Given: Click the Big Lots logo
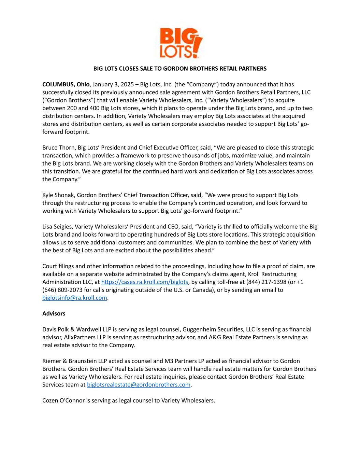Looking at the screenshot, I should click(181, 43).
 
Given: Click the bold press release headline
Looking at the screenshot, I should click(180, 69).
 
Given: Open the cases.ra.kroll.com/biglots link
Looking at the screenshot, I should click(145, 282).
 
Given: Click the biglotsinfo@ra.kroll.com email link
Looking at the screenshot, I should click(75, 298).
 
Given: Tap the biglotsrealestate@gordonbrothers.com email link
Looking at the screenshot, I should click(139, 385).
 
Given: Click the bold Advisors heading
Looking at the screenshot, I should click(54, 313).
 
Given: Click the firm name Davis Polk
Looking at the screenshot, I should click(56, 329).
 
